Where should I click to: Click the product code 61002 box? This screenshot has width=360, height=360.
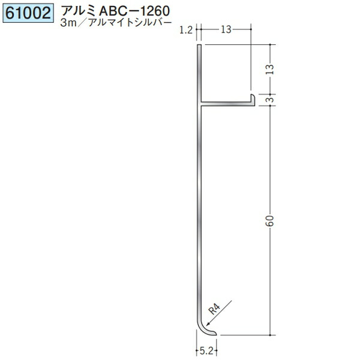click(x=28, y=13)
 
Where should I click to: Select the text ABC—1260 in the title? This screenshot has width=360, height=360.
click(x=134, y=11)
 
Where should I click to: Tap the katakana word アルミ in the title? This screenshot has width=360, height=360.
click(x=79, y=11)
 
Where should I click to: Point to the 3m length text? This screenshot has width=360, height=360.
click(x=68, y=23)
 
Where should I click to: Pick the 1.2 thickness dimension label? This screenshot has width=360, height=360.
click(x=186, y=31)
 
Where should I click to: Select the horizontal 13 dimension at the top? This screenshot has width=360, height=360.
click(x=226, y=29)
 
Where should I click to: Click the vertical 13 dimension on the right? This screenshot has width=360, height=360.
click(x=271, y=70)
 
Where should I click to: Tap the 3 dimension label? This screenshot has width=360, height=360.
click(x=271, y=100)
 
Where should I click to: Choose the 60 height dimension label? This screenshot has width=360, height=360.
click(x=271, y=221)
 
